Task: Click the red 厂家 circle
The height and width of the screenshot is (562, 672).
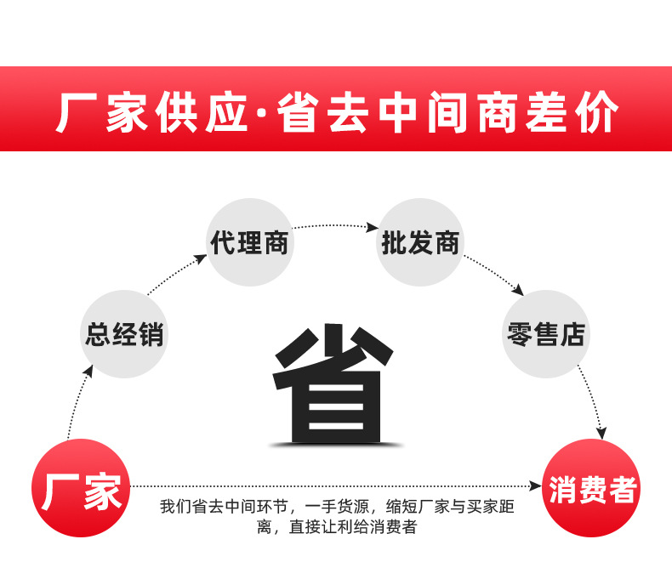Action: (81, 488)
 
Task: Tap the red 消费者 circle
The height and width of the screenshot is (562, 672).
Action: (592, 488)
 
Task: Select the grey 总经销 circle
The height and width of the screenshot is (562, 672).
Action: (124, 334)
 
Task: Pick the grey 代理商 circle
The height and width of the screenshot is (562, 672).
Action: (250, 242)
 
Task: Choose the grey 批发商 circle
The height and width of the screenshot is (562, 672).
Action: (419, 242)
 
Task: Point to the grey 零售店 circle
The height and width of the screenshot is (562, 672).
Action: (545, 334)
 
